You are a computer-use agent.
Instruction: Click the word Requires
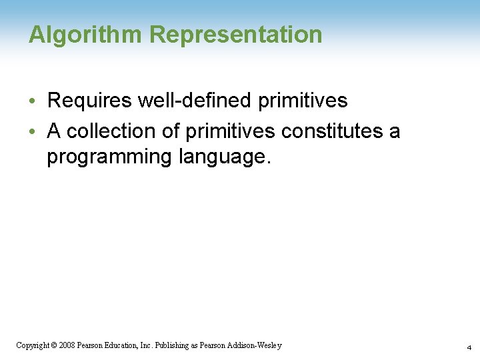[88, 101]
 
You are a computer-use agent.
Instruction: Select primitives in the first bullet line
[303, 101]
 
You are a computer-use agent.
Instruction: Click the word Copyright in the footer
[31, 345]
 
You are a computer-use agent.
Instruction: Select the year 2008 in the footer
[67, 345]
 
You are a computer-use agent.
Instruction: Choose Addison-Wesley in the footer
[257, 345]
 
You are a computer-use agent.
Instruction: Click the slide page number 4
[469, 347]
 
